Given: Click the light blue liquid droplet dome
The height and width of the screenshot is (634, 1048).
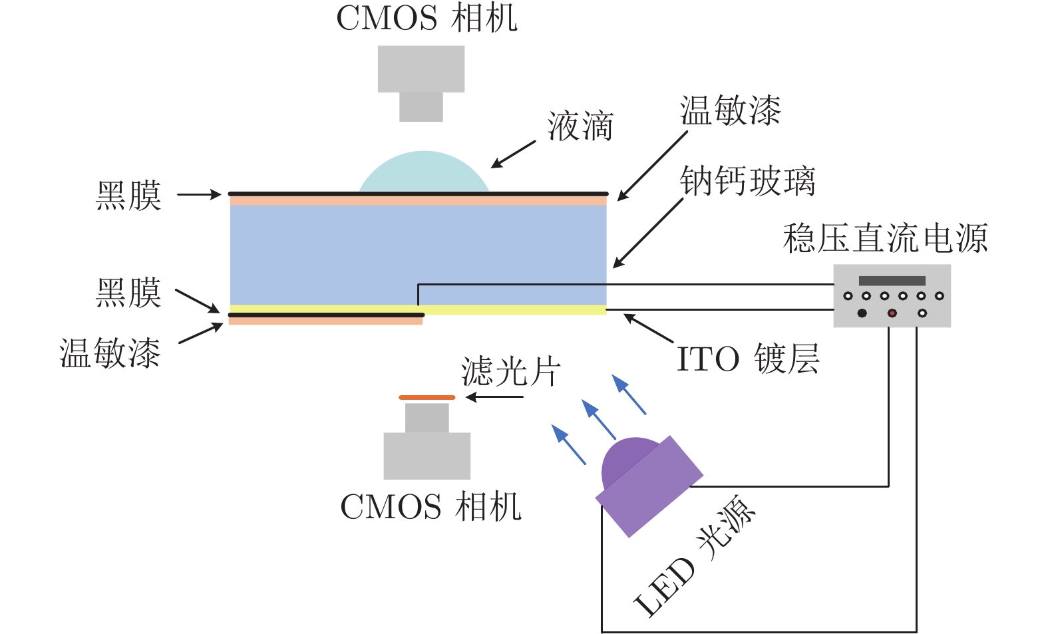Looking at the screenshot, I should (424, 174).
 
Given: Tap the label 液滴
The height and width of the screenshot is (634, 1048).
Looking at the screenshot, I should (580, 126).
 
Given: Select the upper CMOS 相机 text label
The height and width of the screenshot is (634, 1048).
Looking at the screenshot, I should (427, 18).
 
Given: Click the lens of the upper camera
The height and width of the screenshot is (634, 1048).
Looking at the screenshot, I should (421, 106).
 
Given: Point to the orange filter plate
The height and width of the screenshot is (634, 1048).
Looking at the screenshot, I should (427, 398).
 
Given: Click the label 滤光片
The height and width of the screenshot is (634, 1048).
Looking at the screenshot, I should (511, 371).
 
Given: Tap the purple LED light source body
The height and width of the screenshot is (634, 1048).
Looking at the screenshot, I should (649, 486).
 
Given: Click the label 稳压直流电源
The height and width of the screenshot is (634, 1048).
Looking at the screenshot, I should (885, 238).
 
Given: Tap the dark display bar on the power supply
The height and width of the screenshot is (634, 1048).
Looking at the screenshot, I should (892, 281).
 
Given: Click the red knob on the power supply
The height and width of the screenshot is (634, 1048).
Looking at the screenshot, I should (892, 313).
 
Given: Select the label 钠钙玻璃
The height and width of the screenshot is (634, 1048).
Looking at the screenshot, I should (747, 181).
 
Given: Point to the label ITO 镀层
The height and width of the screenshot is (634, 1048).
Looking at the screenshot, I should (747, 359).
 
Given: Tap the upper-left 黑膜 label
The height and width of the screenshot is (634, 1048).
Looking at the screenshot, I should (128, 196).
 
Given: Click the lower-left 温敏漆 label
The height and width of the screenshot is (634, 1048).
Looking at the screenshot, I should (110, 353).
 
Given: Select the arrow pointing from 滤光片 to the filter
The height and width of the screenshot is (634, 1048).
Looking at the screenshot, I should (494, 398).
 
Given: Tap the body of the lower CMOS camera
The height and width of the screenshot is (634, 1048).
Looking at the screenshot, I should (427, 456).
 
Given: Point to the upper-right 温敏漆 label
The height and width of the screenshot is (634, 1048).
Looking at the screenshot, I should (730, 110).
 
